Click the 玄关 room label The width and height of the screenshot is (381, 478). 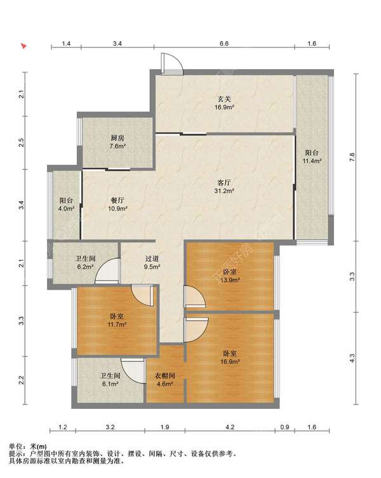(224, 99)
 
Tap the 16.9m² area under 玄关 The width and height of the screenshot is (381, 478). (224, 107)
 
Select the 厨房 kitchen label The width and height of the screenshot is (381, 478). (117, 138)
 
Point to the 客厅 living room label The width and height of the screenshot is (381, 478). (224, 183)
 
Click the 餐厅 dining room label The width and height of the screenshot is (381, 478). (117, 200)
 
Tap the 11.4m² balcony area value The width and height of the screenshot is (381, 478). (312, 160)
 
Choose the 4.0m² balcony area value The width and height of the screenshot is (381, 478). (67, 209)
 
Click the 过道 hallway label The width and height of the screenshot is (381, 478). (152, 259)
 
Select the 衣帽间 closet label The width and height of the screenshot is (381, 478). (165, 376)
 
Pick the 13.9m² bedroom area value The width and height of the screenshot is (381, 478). (230, 280)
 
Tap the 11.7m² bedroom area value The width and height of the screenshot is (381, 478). (117, 325)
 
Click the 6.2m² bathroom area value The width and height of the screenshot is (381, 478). (86, 267)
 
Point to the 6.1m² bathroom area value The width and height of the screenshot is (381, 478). (110, 384)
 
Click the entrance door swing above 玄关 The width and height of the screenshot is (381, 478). (171, 63)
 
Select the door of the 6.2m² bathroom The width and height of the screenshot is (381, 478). (107, 271)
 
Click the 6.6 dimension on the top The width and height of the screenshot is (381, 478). (224, 44)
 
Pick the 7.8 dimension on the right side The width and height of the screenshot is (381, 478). (352, 157)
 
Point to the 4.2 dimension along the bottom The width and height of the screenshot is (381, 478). (230, 427)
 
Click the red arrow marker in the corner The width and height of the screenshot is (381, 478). (23, 46)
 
